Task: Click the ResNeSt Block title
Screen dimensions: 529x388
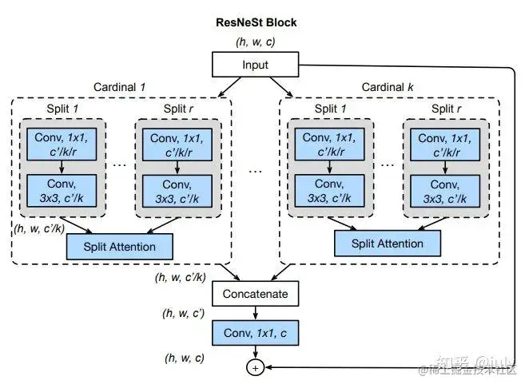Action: (256, 22)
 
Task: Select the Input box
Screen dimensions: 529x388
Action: (256, 65)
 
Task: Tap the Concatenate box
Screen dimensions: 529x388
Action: (256, 294)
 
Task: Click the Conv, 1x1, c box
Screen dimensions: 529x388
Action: (256, 333)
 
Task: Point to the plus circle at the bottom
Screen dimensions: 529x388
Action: (255, 368)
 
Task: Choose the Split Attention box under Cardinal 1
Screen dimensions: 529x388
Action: (120, 247)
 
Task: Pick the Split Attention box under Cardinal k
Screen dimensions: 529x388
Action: (388, 243)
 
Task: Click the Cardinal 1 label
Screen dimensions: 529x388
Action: (119, 87)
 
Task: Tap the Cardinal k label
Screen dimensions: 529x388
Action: (388, 87)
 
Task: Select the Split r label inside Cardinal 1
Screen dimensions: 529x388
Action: (178, 109)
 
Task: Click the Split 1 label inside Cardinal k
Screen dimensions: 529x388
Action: (330, 109)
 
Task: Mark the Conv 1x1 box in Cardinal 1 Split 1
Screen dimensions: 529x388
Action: (62, 145)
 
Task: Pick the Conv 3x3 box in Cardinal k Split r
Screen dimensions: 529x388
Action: (445, 191)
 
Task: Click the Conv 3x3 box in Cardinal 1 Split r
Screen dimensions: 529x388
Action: (177, 191)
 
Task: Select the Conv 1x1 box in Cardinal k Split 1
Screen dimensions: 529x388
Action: (329, 145)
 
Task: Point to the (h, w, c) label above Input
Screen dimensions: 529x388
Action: (256, 42)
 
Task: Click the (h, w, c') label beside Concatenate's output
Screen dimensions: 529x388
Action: (184, 314)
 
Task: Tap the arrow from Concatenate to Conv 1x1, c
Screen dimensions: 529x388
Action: (256, 313)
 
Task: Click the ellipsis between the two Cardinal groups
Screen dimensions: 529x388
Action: (255, 172)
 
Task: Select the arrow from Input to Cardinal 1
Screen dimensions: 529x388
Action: (230, 87)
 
